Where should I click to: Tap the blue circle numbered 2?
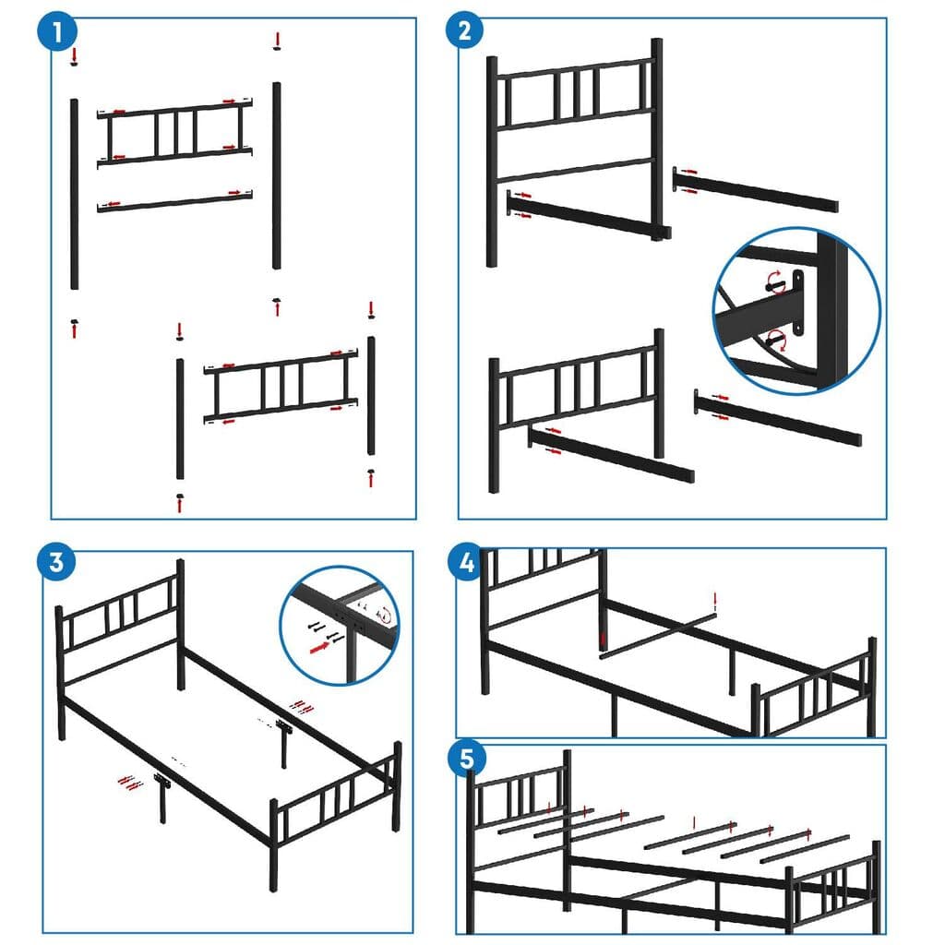pos(464,31)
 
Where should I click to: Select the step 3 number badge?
pos(57,562)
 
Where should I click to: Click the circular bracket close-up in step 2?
pos(795,310)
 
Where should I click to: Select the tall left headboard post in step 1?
pos(75,194)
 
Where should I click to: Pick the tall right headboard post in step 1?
pos(276,175)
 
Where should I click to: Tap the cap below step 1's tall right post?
pos(276,302)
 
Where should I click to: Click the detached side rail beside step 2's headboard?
pos(757,190)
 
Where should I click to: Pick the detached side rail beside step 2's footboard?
pos(780,420)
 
